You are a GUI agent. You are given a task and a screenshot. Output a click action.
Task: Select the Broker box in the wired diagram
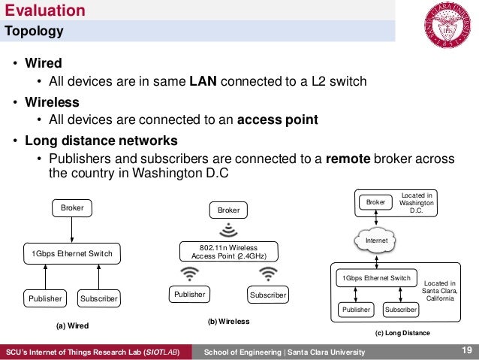coord(73,207)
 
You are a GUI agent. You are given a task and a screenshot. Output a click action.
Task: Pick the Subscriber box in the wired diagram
coord(98,298)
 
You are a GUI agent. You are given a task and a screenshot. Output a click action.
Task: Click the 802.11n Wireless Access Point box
coord(228,250)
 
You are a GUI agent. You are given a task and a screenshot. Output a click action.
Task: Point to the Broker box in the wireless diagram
coord(228,210)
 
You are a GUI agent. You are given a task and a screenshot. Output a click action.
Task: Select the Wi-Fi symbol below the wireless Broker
coord(228,228)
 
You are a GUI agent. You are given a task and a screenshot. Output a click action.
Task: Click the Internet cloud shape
coord(373,241)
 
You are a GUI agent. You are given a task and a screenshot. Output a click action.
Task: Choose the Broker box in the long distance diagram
coord(375,202)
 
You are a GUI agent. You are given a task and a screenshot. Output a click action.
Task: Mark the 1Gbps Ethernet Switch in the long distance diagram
coord(376,277)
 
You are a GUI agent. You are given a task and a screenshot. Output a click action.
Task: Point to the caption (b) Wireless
coord(227,321)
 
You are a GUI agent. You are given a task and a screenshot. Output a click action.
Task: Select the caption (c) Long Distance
coord(403,331)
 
